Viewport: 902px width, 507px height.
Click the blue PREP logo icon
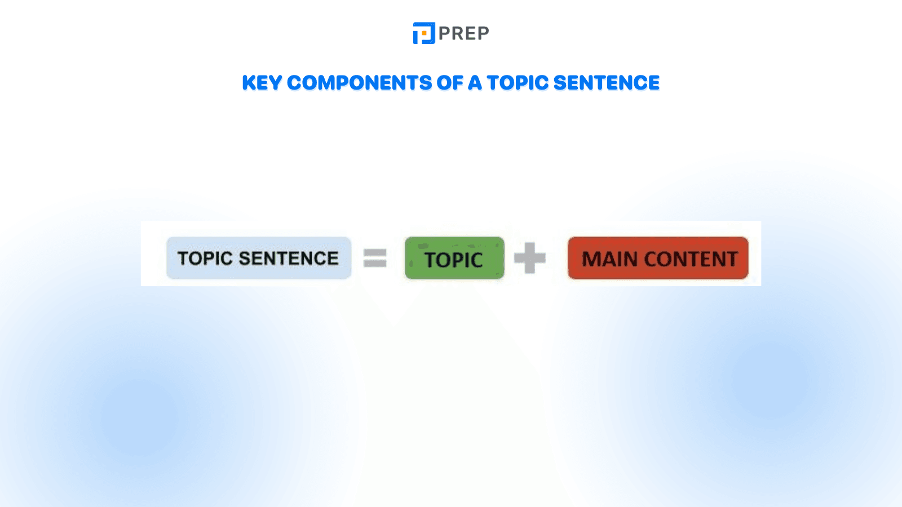(x=423, y=33)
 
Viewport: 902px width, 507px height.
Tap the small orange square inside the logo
(x=424, y=34)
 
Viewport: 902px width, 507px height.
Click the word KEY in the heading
(x=262, y=83)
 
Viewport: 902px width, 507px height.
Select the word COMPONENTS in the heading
(x=359, y=83)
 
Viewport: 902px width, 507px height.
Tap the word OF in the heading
(x=449, y=83)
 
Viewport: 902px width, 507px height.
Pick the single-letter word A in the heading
(x=475, y=83)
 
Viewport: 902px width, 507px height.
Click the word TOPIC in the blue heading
(x=518, y=83)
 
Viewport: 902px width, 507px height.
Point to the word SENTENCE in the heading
(x=606, y=83)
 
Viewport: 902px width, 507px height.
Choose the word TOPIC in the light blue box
(x=205, y=259)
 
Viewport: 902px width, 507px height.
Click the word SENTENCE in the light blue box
(x=289, y=259)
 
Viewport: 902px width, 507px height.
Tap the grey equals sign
(x=375, y=258)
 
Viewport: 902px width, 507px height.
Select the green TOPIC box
(x=454, y=258)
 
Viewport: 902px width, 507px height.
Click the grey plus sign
(x=530, y=258)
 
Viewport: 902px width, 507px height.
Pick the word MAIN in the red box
(x=609, y=259)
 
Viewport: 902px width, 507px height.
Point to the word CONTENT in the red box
(x=691, y=259)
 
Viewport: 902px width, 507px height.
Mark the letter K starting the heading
(x=249, y=83)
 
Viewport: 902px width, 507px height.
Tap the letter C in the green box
(x=475, y=260)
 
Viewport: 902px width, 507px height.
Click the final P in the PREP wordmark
(x=483, y=34)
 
